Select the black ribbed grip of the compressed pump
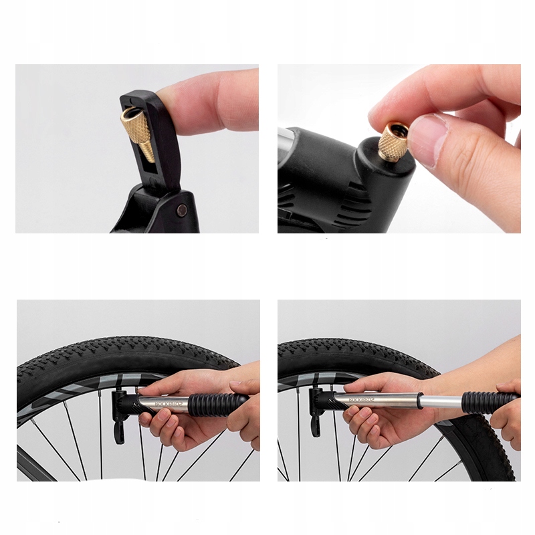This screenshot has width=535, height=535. click(x=214, y=403)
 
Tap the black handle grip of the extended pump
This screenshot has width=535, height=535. click(x=488, y=401)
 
